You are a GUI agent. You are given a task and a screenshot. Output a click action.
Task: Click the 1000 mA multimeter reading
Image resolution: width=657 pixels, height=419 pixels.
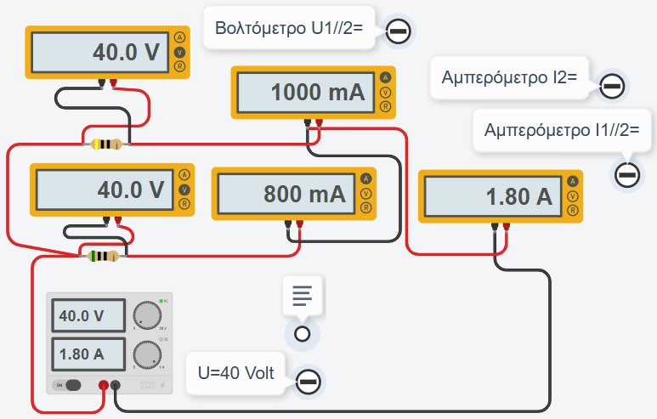(x=307, y=92)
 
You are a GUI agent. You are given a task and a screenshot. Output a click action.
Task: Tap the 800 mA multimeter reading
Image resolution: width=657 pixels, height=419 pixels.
(x=286, y=194)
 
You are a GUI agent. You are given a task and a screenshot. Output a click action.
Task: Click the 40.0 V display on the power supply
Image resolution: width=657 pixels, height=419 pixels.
(x=87, y=317)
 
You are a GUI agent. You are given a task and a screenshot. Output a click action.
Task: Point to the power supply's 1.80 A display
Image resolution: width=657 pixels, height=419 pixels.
(x=87, y=352)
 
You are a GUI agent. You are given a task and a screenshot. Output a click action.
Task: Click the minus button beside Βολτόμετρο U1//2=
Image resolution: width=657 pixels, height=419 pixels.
(x=399, y=32)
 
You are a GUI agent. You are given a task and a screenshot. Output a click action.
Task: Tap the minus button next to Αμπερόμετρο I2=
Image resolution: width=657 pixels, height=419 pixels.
(x=612, y=86)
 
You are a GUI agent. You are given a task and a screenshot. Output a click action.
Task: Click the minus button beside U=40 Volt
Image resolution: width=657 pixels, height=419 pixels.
(x=309, y=380)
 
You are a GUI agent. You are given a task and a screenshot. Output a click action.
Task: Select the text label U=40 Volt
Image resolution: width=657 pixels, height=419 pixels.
(x=235, y=373)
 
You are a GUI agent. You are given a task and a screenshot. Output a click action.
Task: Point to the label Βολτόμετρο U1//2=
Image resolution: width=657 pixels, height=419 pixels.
(x=289, y=28)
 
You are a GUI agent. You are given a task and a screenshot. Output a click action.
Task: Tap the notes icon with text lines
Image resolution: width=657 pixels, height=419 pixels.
(x=302, y=294)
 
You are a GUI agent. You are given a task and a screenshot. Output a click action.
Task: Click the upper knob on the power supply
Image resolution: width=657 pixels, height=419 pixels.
(x=148, y=314)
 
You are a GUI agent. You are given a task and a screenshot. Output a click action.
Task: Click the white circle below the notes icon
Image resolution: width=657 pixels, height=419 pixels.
(x=301, y=333)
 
